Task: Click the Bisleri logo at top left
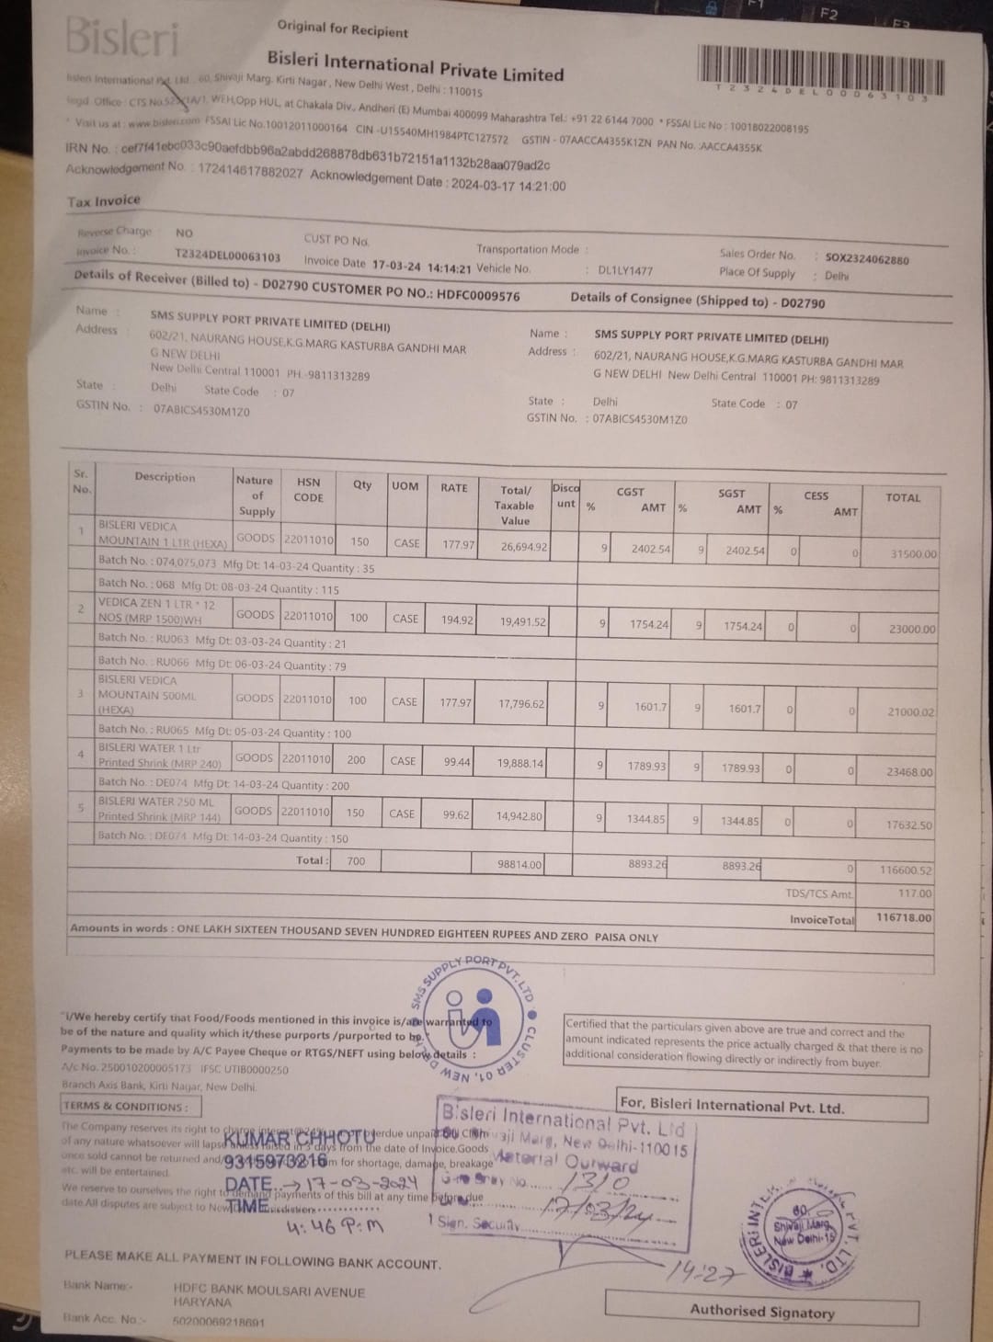(x=122, y=38)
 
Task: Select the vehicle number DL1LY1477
(x=625, y=270)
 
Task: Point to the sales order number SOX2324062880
(x=866, y=259)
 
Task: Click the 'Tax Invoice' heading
(x=104, y=201)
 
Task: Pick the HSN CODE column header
(x=308, y=489)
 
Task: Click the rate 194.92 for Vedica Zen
(x=457, y=620)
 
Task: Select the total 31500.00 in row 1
(x=913, y=554)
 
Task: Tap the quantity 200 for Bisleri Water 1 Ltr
(x=356, y=760)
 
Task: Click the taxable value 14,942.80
(x=519, y=815)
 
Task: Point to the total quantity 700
(x=356, y=861)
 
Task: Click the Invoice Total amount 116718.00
(x=904, y=917)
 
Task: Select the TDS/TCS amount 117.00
(x=914, y=893)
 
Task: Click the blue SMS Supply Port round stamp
(x=474, y=1018)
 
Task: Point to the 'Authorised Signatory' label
(x=762, y=1312)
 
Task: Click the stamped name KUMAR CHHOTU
(x=299, y=1140)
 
